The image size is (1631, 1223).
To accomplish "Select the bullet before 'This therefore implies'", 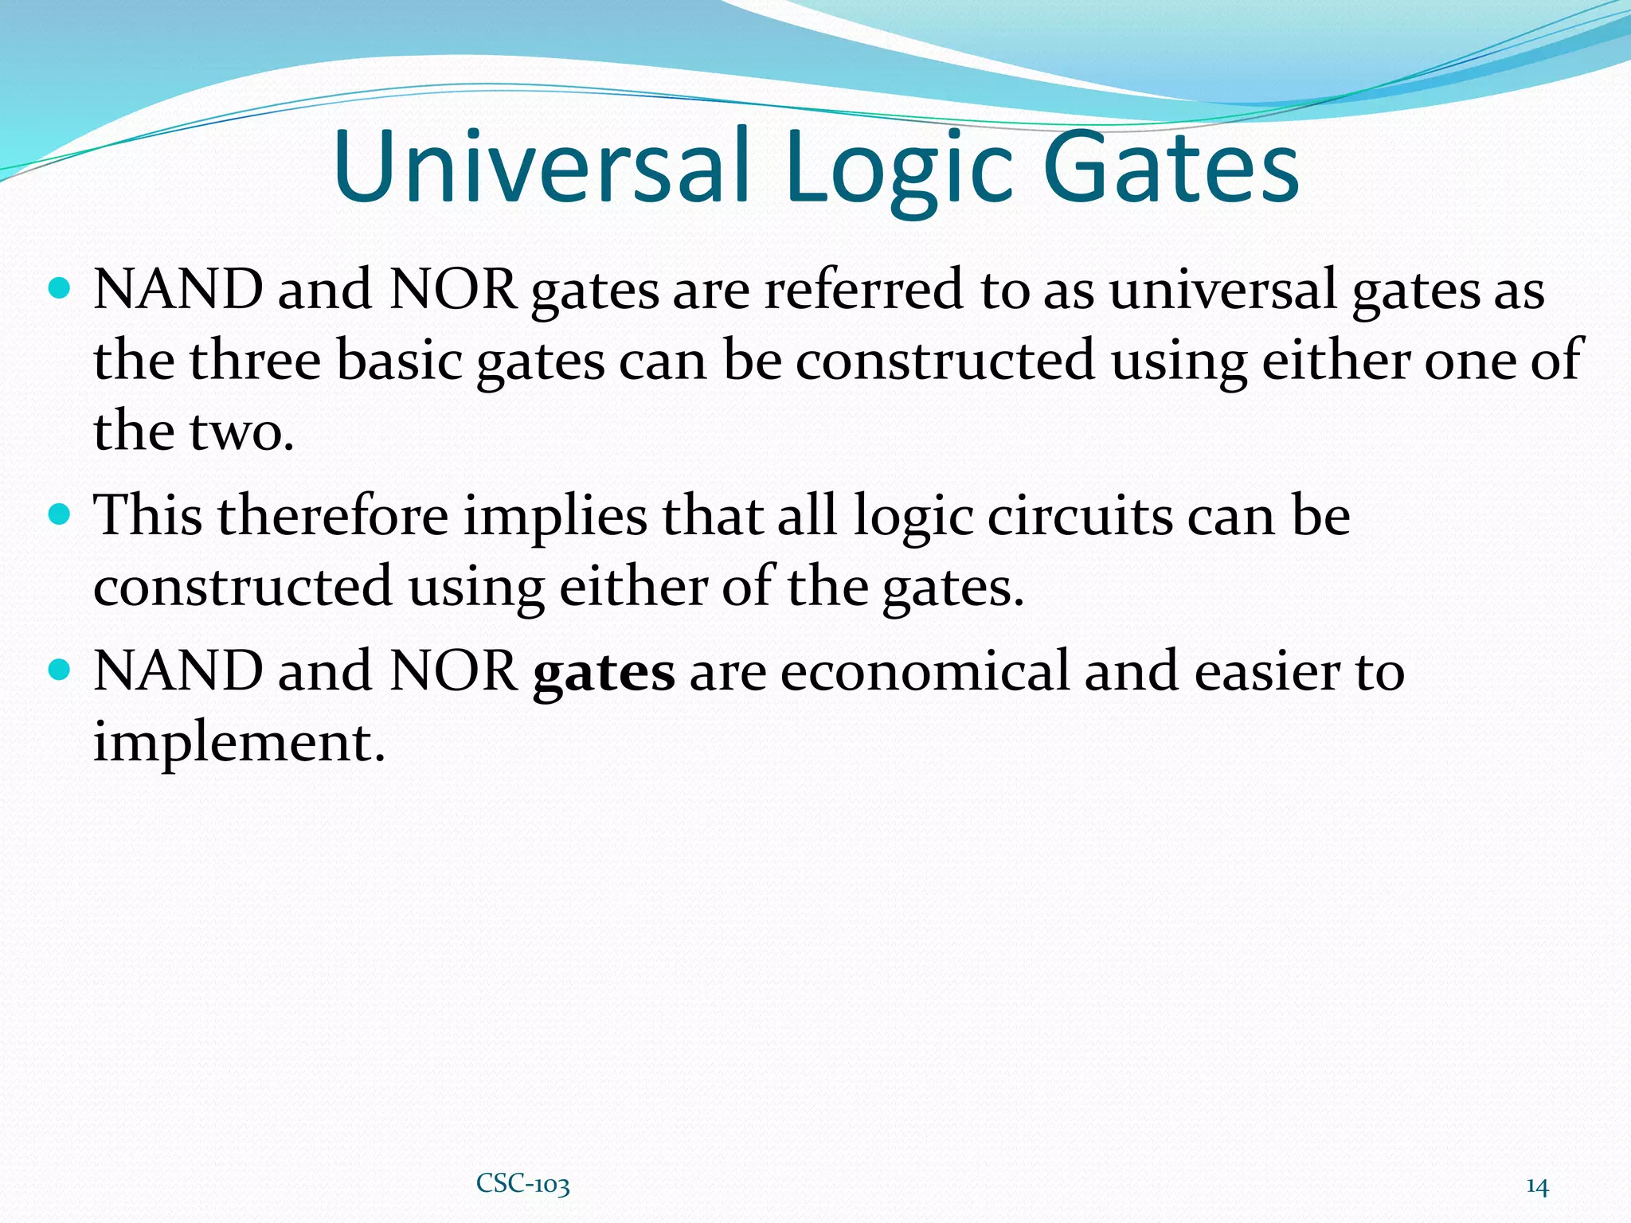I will click(60, 514).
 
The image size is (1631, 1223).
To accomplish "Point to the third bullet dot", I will click(60, 669).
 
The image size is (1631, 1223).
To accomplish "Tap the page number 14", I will click(1537, 1186).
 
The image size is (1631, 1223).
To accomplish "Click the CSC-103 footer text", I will click(523, 1184).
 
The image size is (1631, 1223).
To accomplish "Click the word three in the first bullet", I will click(255, 360).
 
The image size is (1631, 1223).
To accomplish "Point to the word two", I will click(241, 432).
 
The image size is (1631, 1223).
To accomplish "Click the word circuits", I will click(1080, 515).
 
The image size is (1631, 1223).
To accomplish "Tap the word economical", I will click(925, 670).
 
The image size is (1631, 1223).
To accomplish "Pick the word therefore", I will click(333, 515).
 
